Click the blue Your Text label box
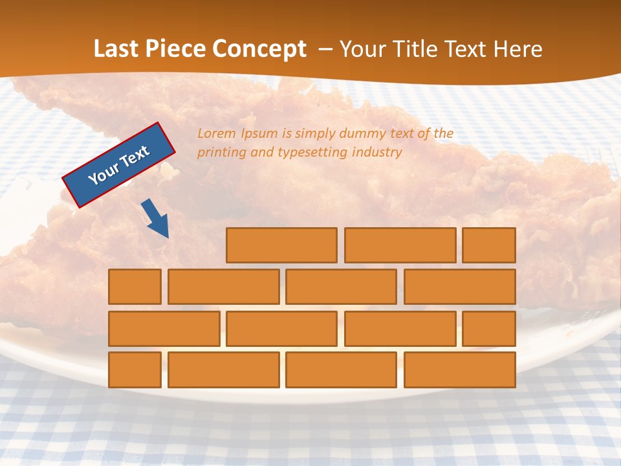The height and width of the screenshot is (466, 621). pyautogui.click(x=118, y=165)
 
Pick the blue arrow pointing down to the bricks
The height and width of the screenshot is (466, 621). pyautogui.click(x=156, y=219)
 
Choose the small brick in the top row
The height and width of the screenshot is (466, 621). pyautogui.click(x=489, y=245)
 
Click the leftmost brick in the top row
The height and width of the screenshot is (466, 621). pyautogui.click(x=281, y=245)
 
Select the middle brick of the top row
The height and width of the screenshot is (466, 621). pyautogui.click(x=400, y=245)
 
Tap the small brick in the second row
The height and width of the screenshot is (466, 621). pyautogui.click(x=135, y=287)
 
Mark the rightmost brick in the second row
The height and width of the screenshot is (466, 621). pyautogui.click(x=459, y=287)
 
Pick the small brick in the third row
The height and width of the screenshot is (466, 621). pyautogui.click(x=489, y=329)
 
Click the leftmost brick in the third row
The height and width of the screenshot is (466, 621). pyautogui.click(x=164, y=329)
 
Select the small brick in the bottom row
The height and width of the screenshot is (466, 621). pyautogui.click(x=135, y=370)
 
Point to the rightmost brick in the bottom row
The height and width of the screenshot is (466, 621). pyautogui.click(x=459, y=370)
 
